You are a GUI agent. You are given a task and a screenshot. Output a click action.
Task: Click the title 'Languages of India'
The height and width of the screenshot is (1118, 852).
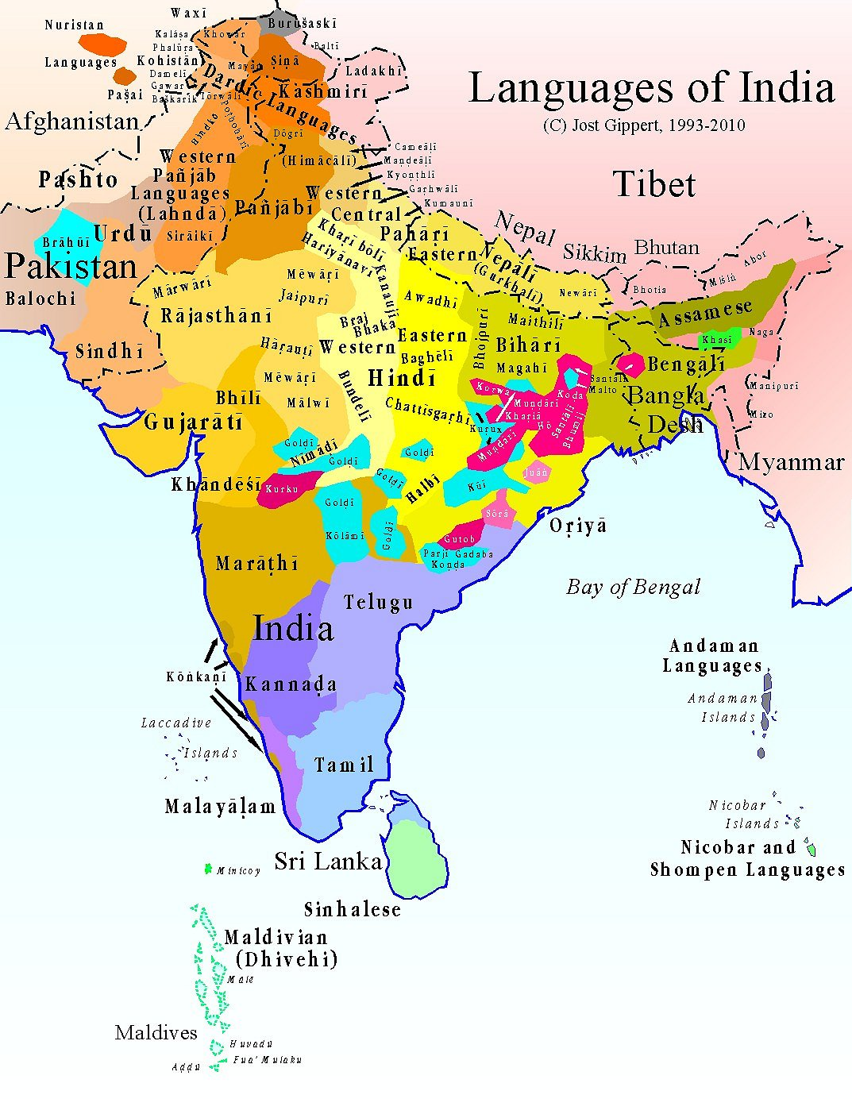(x=651, y=89)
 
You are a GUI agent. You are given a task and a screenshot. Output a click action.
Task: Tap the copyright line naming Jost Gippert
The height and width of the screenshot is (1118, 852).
(x=644, y=125)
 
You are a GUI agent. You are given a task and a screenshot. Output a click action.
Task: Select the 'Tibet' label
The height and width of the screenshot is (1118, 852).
(x=654, y=185)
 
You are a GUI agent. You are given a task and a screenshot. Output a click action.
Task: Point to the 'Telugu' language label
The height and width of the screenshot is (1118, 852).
(x=379, y=603)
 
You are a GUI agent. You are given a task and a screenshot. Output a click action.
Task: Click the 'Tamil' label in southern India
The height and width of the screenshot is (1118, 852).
(x=344, y=765)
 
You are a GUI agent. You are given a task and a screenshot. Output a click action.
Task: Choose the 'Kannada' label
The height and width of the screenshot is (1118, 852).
(x=291, y=684)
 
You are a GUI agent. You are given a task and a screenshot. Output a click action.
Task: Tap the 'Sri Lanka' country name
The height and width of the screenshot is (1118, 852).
(x=328, y=862)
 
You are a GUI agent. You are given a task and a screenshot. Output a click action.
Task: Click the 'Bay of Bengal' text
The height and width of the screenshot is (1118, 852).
(x=633, y=588)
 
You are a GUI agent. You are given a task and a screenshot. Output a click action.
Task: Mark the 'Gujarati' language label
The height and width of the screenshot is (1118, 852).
(x=194, y=422)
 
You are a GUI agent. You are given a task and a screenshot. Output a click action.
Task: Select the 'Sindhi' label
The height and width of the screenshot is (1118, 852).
(x=110, y=351)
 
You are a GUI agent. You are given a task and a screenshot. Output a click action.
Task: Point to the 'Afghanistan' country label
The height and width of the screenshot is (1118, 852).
(x=72, y=121)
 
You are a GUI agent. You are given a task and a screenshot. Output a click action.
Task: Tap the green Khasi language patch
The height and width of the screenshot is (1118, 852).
(x=719, y=340)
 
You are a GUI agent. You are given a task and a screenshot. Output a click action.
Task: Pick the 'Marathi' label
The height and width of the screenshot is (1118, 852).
(x=257, y=564)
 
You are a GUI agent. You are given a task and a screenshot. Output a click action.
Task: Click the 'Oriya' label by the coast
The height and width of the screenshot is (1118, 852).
(x=578, y=526)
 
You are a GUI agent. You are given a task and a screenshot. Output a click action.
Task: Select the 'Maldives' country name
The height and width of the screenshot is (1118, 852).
(x=156, y=1033)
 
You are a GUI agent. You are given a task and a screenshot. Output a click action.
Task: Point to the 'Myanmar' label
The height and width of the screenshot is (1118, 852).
(x=791, y=463)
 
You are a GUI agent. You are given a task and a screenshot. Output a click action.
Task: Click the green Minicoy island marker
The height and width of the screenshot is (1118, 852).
(x=209, y=869)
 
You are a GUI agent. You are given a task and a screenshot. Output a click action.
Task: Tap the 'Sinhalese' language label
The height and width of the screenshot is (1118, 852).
(x=353, y=909)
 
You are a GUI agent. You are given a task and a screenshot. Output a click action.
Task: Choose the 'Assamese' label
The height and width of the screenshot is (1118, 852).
(x=705, y=313)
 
